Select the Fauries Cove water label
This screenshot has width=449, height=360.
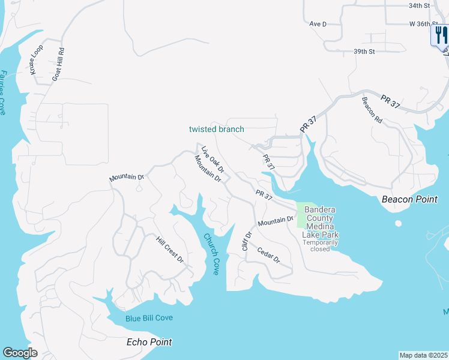tap(3, 92)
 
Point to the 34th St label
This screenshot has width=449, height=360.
tap(420, 5)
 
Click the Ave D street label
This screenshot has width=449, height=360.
tap(318, 24)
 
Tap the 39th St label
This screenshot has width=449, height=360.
tap(364, 52)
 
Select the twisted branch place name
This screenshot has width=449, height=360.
tap(217, 129)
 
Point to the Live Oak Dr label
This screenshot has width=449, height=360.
tap(212, 160)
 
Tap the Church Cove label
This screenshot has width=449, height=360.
tap(211, 254)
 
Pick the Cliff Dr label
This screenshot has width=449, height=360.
tap(246, 241)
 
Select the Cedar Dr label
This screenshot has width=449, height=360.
tap(269, 255)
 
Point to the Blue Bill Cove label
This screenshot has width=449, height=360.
tap(149, 318)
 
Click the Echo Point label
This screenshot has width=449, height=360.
tap(149, 342)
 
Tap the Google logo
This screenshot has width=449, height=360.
tap(20, 353)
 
